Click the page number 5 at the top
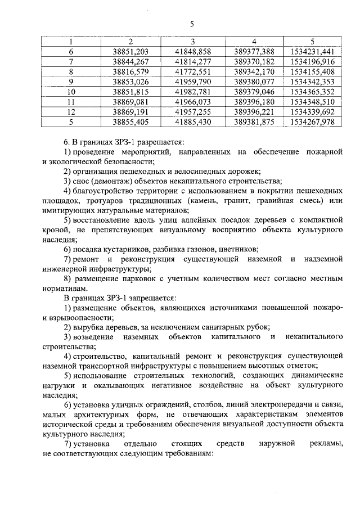(x=192, y=24)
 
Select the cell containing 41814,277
(x=192, y=61)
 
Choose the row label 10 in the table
(x=71, y=92)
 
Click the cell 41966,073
(x=192, y=102)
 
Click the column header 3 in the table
(x=192, y=41)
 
